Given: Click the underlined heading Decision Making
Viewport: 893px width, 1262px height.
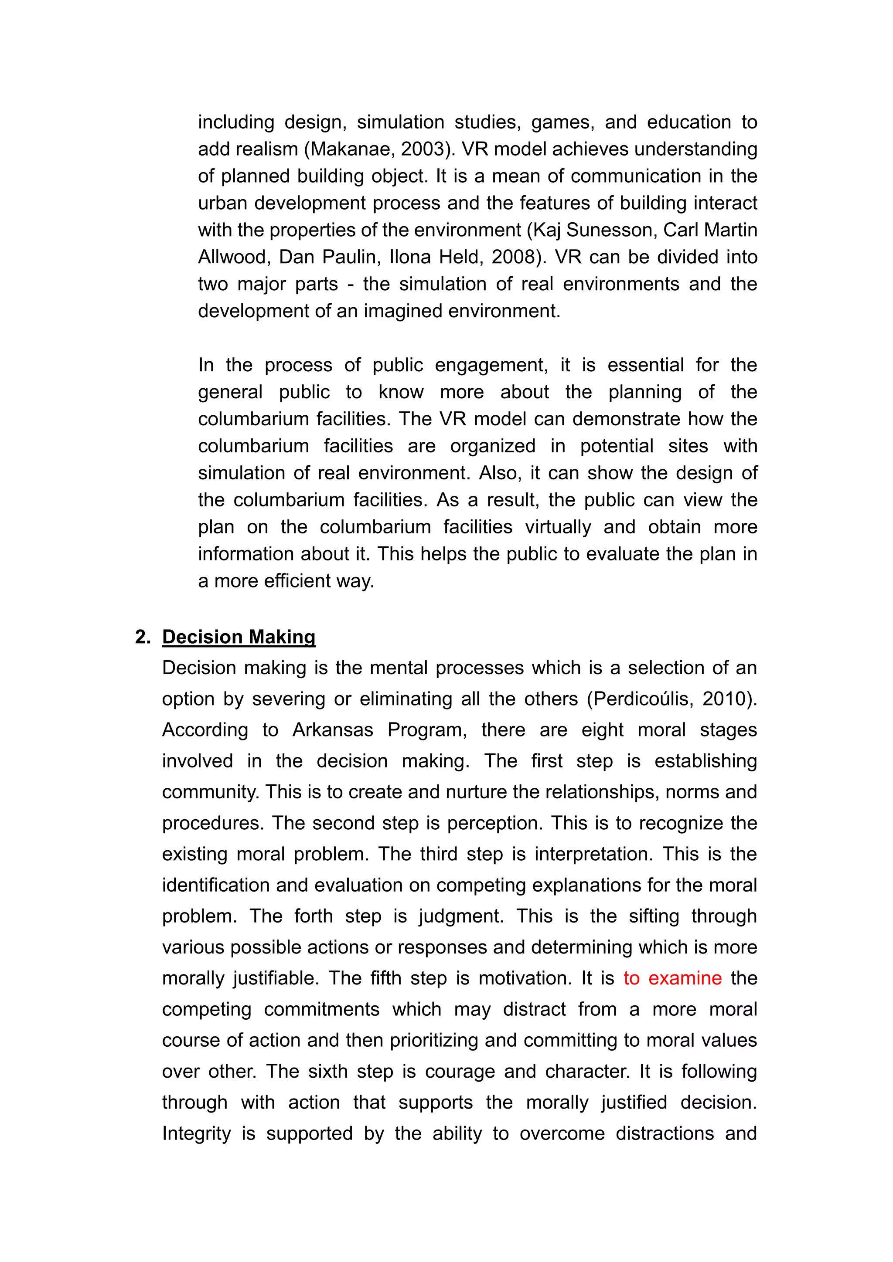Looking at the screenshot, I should pos(239,637).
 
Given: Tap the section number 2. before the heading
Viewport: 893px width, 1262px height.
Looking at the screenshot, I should pos(143,637).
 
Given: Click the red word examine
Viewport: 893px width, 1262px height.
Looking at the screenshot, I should pos(685,978).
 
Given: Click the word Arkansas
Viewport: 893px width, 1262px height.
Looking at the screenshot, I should pos(333,730).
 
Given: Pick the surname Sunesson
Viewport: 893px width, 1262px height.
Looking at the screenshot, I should pos(611,230).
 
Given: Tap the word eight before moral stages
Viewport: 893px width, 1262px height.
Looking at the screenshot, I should pos(602,730).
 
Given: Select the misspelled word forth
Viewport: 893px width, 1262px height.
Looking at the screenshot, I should pos(313,916).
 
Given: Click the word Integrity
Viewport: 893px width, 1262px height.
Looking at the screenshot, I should pos(196,1133).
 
